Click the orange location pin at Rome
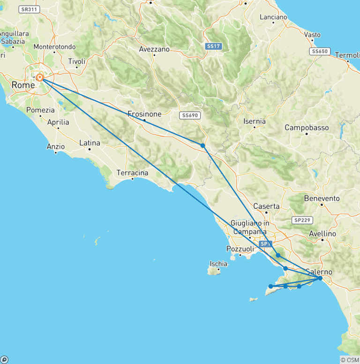(40, 77)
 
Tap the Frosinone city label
(144, 114)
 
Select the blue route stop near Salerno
(320, 278)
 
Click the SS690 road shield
(189, 115)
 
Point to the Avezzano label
(154, 49)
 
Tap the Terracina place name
(132, 173)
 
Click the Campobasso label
(307, 128)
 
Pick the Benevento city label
(322, 198)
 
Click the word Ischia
(219, 264)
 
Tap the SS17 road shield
(213, 46)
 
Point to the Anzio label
(55, 146)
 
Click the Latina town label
(90, 143)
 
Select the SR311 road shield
(29, 9)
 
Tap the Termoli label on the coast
(346, 55)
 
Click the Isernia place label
(255, 121)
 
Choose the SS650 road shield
(320, 51)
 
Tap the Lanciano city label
(273, 17)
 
